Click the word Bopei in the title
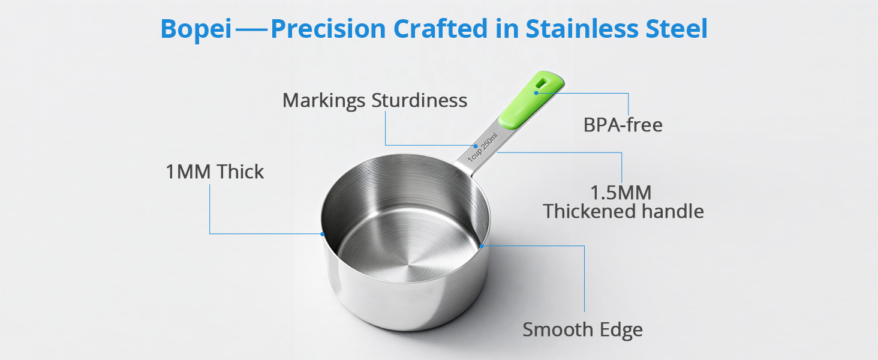[196, 29]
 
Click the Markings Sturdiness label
[375, 100]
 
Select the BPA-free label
[623, 125]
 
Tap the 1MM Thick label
[215, 172]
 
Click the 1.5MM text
[621, 193]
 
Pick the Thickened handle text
[623, 211]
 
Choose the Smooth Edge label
[582, 329]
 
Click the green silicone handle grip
[531, 99]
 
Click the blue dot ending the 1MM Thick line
[323, 233]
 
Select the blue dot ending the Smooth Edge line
[481, 245]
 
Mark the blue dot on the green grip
[536, 93]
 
